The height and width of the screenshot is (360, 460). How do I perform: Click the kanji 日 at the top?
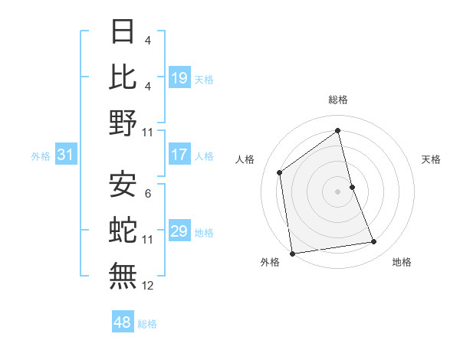click(123, 32)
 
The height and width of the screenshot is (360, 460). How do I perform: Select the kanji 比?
click(123, 77)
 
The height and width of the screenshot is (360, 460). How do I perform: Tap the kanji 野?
click(123, 123)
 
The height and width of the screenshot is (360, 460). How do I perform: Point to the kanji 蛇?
click(123, 229)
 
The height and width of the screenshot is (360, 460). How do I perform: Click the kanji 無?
click(123, 275)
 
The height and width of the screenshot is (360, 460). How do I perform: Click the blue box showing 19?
click(179, 77)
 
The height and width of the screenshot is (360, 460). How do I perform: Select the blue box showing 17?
click(179, 155)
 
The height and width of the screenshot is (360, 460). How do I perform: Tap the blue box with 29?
click(179, 231)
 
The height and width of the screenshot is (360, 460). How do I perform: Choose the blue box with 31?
click(65, 155)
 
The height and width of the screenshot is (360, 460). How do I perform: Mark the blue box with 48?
click(122, 322)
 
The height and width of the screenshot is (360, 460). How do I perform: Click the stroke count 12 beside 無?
click(148, 286)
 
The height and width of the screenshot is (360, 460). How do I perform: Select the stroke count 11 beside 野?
click(148, 133)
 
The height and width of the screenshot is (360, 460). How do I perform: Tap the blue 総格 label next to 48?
click(147, 324)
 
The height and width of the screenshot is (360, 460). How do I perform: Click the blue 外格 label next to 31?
click(41, 156)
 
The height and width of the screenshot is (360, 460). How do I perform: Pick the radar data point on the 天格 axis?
click(352, 186)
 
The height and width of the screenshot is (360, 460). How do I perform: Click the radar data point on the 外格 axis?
click(292, 253)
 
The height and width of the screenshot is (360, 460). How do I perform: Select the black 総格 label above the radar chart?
click(337, 100)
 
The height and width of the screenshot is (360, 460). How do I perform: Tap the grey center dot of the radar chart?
click(337, 191)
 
